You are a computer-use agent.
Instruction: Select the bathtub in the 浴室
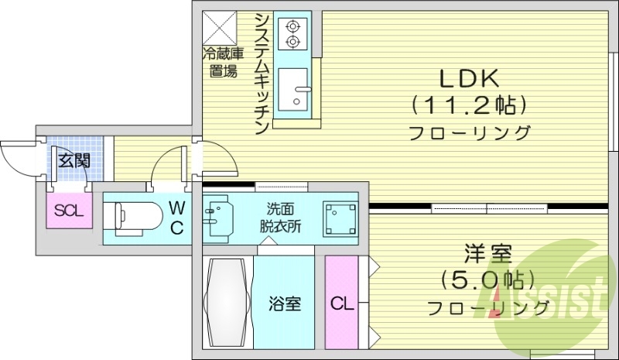[227, 302]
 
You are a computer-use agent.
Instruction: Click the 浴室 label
[284, 303]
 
